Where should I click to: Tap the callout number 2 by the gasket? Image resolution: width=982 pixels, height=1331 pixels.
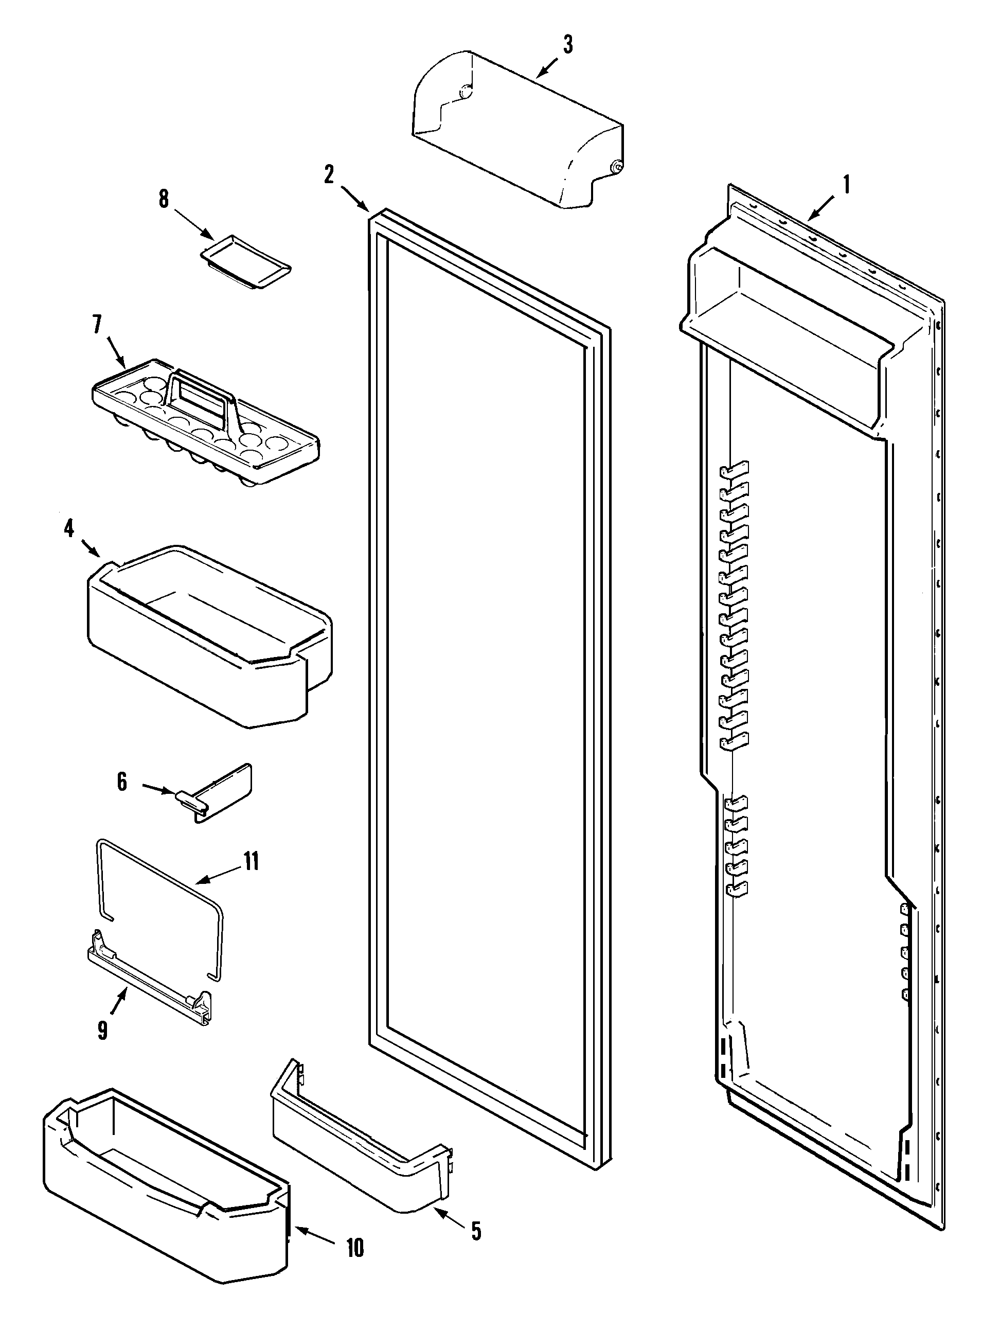tap(329, 174)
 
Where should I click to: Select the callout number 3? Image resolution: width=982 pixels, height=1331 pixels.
tap(568, 45)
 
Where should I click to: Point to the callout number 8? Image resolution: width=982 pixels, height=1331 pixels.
tap(164, 199)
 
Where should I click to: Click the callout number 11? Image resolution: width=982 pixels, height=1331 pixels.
tap(252, 861)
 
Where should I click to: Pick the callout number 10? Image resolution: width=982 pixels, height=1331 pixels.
tap(355, 1248)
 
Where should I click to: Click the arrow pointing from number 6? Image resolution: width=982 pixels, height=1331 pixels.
tap(159, 789)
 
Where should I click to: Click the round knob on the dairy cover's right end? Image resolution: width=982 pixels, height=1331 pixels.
tap(616, 168)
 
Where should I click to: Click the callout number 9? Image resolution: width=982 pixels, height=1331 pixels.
tap(102, 1030)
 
